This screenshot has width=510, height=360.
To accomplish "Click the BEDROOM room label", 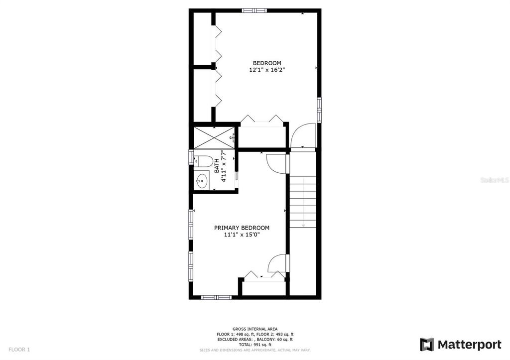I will point(267,63).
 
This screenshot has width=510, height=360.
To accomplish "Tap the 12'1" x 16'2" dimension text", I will point(267,70).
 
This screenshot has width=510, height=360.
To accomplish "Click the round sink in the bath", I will point(202,180).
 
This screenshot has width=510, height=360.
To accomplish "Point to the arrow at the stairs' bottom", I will point(303,225).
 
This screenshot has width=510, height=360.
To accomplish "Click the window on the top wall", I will point(254,10).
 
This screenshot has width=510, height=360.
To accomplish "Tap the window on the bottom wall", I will point(216,297).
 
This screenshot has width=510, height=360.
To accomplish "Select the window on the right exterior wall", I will point(319,109).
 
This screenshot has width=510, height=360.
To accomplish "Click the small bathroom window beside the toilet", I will point(190,157).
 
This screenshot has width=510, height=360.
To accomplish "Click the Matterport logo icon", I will point(427,345).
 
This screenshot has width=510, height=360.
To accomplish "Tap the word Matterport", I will point(469,345).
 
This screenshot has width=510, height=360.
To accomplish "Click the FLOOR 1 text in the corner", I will point(19,350).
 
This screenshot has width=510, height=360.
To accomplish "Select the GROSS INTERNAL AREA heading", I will point(255,329).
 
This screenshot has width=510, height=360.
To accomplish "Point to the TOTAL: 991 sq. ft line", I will point(255,345).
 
